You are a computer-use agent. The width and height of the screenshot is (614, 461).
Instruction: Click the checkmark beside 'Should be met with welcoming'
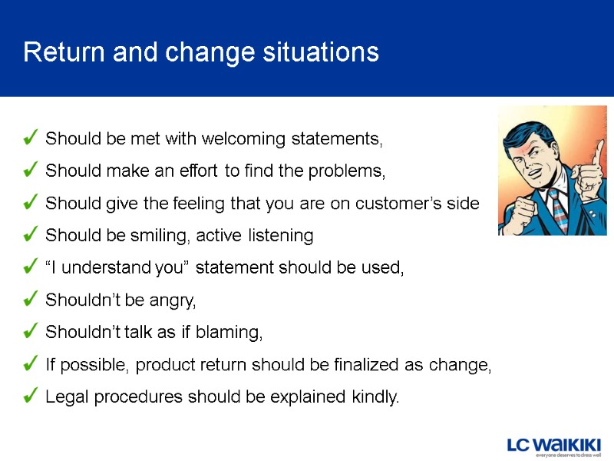pyautogui.click(x=31, y=138)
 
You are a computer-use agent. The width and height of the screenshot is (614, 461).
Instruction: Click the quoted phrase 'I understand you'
pyautogui.click(x=117, y=268)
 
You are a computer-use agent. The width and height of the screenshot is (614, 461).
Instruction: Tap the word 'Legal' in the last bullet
pyautogui.click(x=65, y=397)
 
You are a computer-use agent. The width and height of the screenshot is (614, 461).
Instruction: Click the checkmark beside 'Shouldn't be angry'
pyautogui.click(x=31, y=300)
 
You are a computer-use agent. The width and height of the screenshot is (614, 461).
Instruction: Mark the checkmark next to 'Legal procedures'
pyautogui.click(x=31, y=396)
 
